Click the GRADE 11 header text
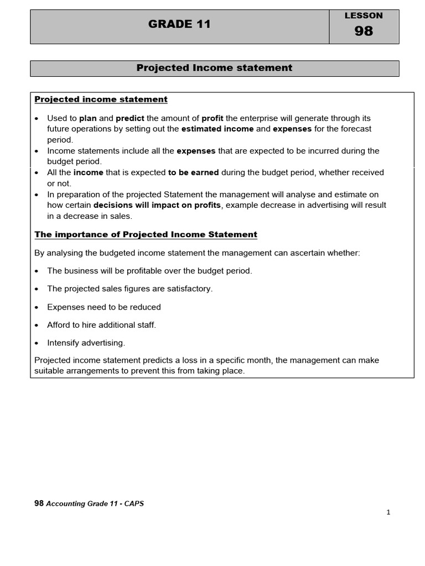[x=180, y=24]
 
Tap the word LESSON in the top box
[x=364, y=15]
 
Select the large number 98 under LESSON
[x=364, y=32]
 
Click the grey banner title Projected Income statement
[x=214, y=68]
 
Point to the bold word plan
[x=88, y=118]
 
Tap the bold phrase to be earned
[x=194, y=172]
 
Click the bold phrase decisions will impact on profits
[x=157, y=205]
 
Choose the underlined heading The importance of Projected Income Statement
[x=146, y=234]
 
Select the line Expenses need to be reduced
[x=104, y=307]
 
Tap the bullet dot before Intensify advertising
[x=37, y=343]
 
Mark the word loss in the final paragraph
[x=187, y=360]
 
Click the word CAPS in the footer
[x=134, y=504]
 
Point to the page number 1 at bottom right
[x=388, y=512]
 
